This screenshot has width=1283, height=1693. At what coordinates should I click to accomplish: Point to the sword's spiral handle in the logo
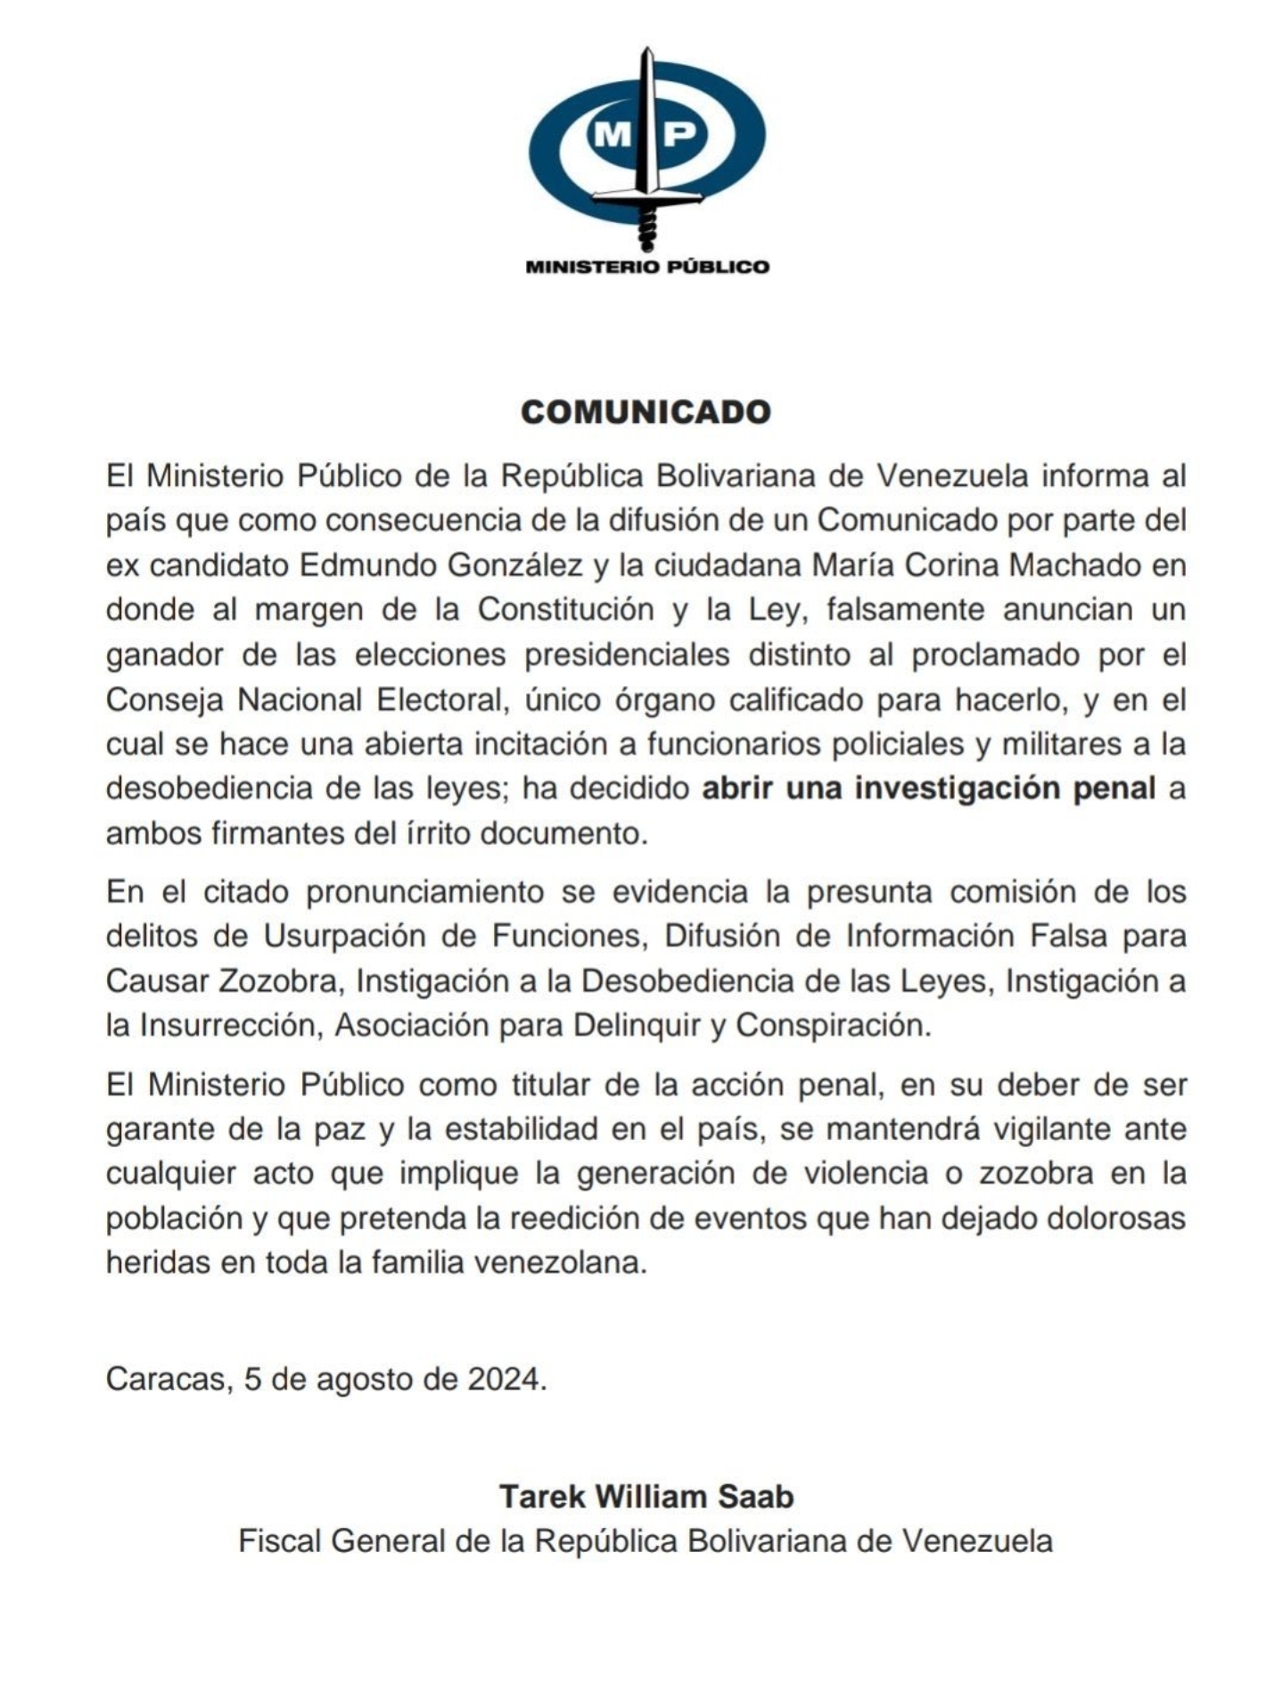pos(648,229)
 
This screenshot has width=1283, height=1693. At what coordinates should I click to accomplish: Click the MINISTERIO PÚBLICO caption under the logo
pos(647,266)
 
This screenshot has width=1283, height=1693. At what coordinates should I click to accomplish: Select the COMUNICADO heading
pos(646,412)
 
